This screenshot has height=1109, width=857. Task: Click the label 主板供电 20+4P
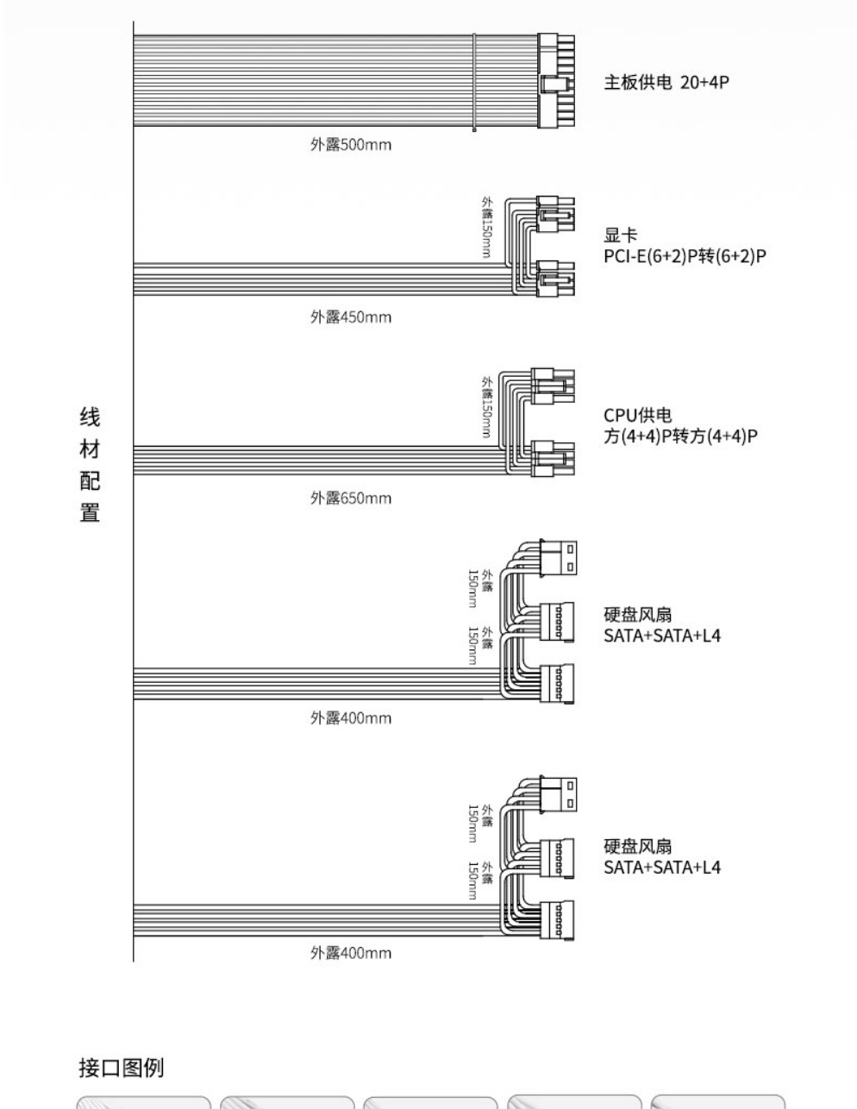[666, 82]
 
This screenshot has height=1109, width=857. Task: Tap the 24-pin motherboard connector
[556, 81]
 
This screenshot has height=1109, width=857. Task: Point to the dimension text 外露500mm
[351, 144]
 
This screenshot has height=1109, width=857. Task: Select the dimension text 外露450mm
[351, 317]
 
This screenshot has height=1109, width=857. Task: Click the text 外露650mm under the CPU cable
[351, 498]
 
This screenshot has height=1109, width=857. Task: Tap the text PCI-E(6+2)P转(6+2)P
[685, 255]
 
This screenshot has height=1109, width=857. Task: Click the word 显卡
[620, 235]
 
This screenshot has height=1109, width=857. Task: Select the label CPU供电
[638, 415]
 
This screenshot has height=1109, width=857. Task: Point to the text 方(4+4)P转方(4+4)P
[680, 435]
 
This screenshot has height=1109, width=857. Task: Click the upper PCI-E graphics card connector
[555, 214]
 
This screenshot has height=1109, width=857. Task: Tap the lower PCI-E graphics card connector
[555, 279]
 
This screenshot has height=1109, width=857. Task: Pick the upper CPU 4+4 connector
[553, 386]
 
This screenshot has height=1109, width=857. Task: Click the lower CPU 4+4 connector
[553, 458]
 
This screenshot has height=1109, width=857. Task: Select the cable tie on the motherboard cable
[474, 82]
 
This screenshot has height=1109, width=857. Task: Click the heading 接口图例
[122, 1068]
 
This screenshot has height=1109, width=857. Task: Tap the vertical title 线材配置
[90, 465]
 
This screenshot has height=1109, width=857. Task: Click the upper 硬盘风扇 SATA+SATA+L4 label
[662, 625]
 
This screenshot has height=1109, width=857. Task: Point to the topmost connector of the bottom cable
[558, 794]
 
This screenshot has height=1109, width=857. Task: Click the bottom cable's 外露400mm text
[351, 953]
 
